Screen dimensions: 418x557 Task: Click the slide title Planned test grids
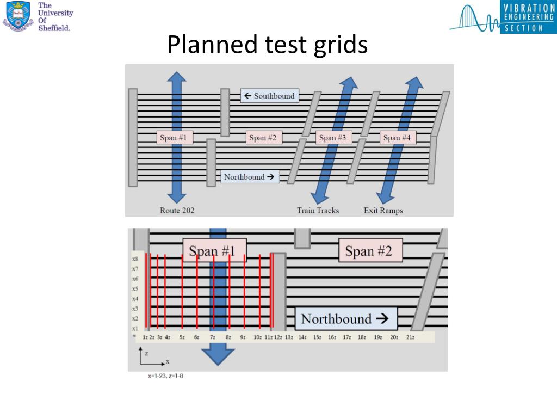[267, 45]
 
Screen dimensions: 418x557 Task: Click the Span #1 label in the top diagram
[173, 138]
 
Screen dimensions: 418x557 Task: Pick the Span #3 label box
[333, 138]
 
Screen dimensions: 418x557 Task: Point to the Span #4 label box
[397, 138]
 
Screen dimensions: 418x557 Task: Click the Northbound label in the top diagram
[249, 177]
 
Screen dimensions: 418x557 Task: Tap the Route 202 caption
[177, 210]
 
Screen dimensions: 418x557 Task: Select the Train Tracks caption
[318, 210]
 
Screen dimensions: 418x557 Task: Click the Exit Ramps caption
[383, 210]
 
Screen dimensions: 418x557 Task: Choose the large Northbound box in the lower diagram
[345, 319]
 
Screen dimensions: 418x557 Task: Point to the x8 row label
[135, 259]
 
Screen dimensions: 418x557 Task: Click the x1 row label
[135, 329]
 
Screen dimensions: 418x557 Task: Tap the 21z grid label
[411, 337]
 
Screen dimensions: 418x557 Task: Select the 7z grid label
[213, 337]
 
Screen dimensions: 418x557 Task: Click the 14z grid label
[302, 337]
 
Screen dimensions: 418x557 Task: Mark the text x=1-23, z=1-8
[165, 376]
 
